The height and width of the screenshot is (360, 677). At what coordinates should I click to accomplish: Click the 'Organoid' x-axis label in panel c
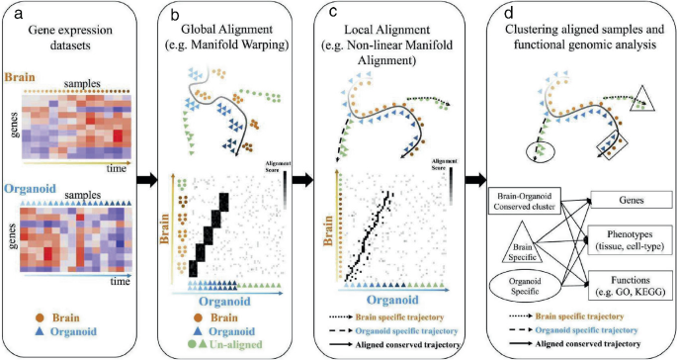point(393,298)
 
